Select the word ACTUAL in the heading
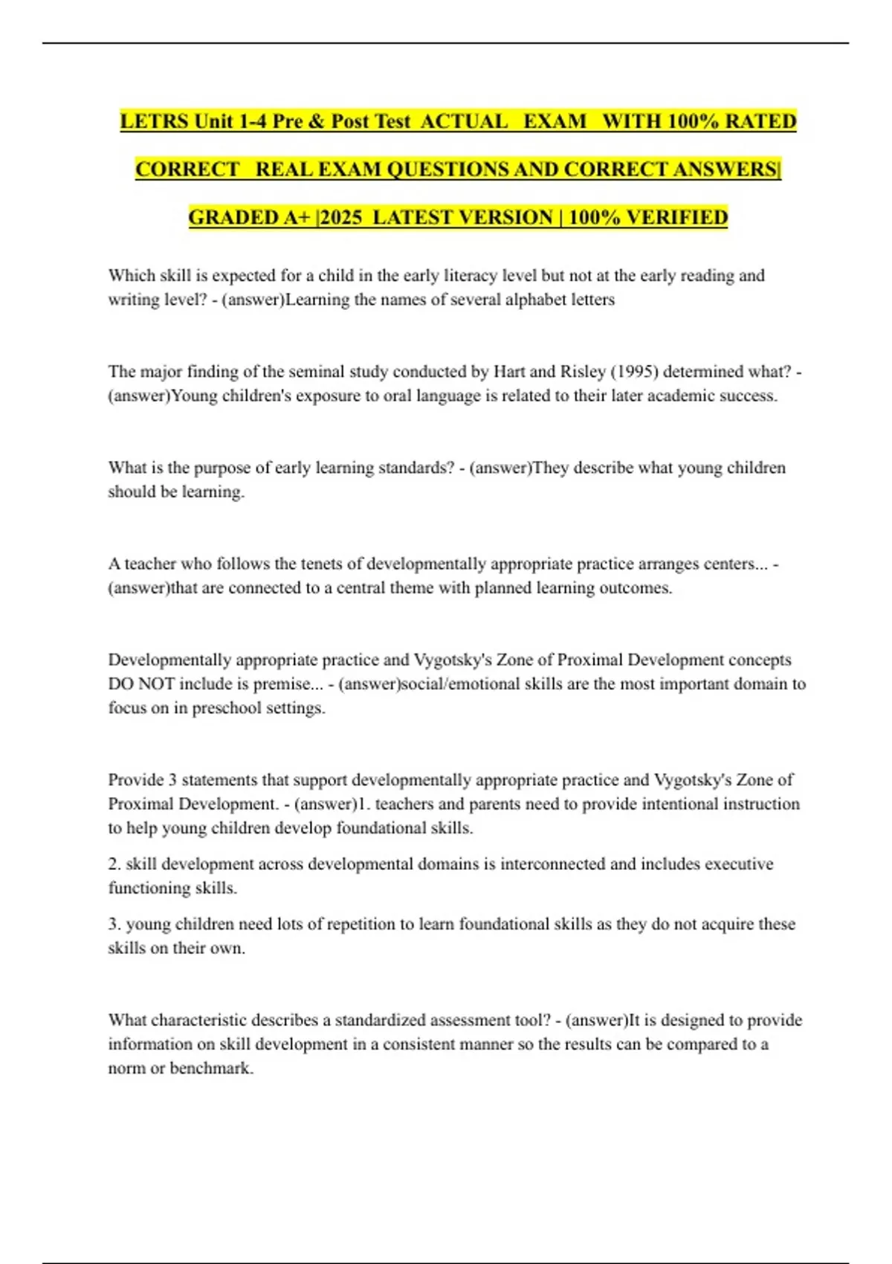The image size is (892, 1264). tap(465, 121)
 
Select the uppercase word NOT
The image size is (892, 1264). tap(157, 684)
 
